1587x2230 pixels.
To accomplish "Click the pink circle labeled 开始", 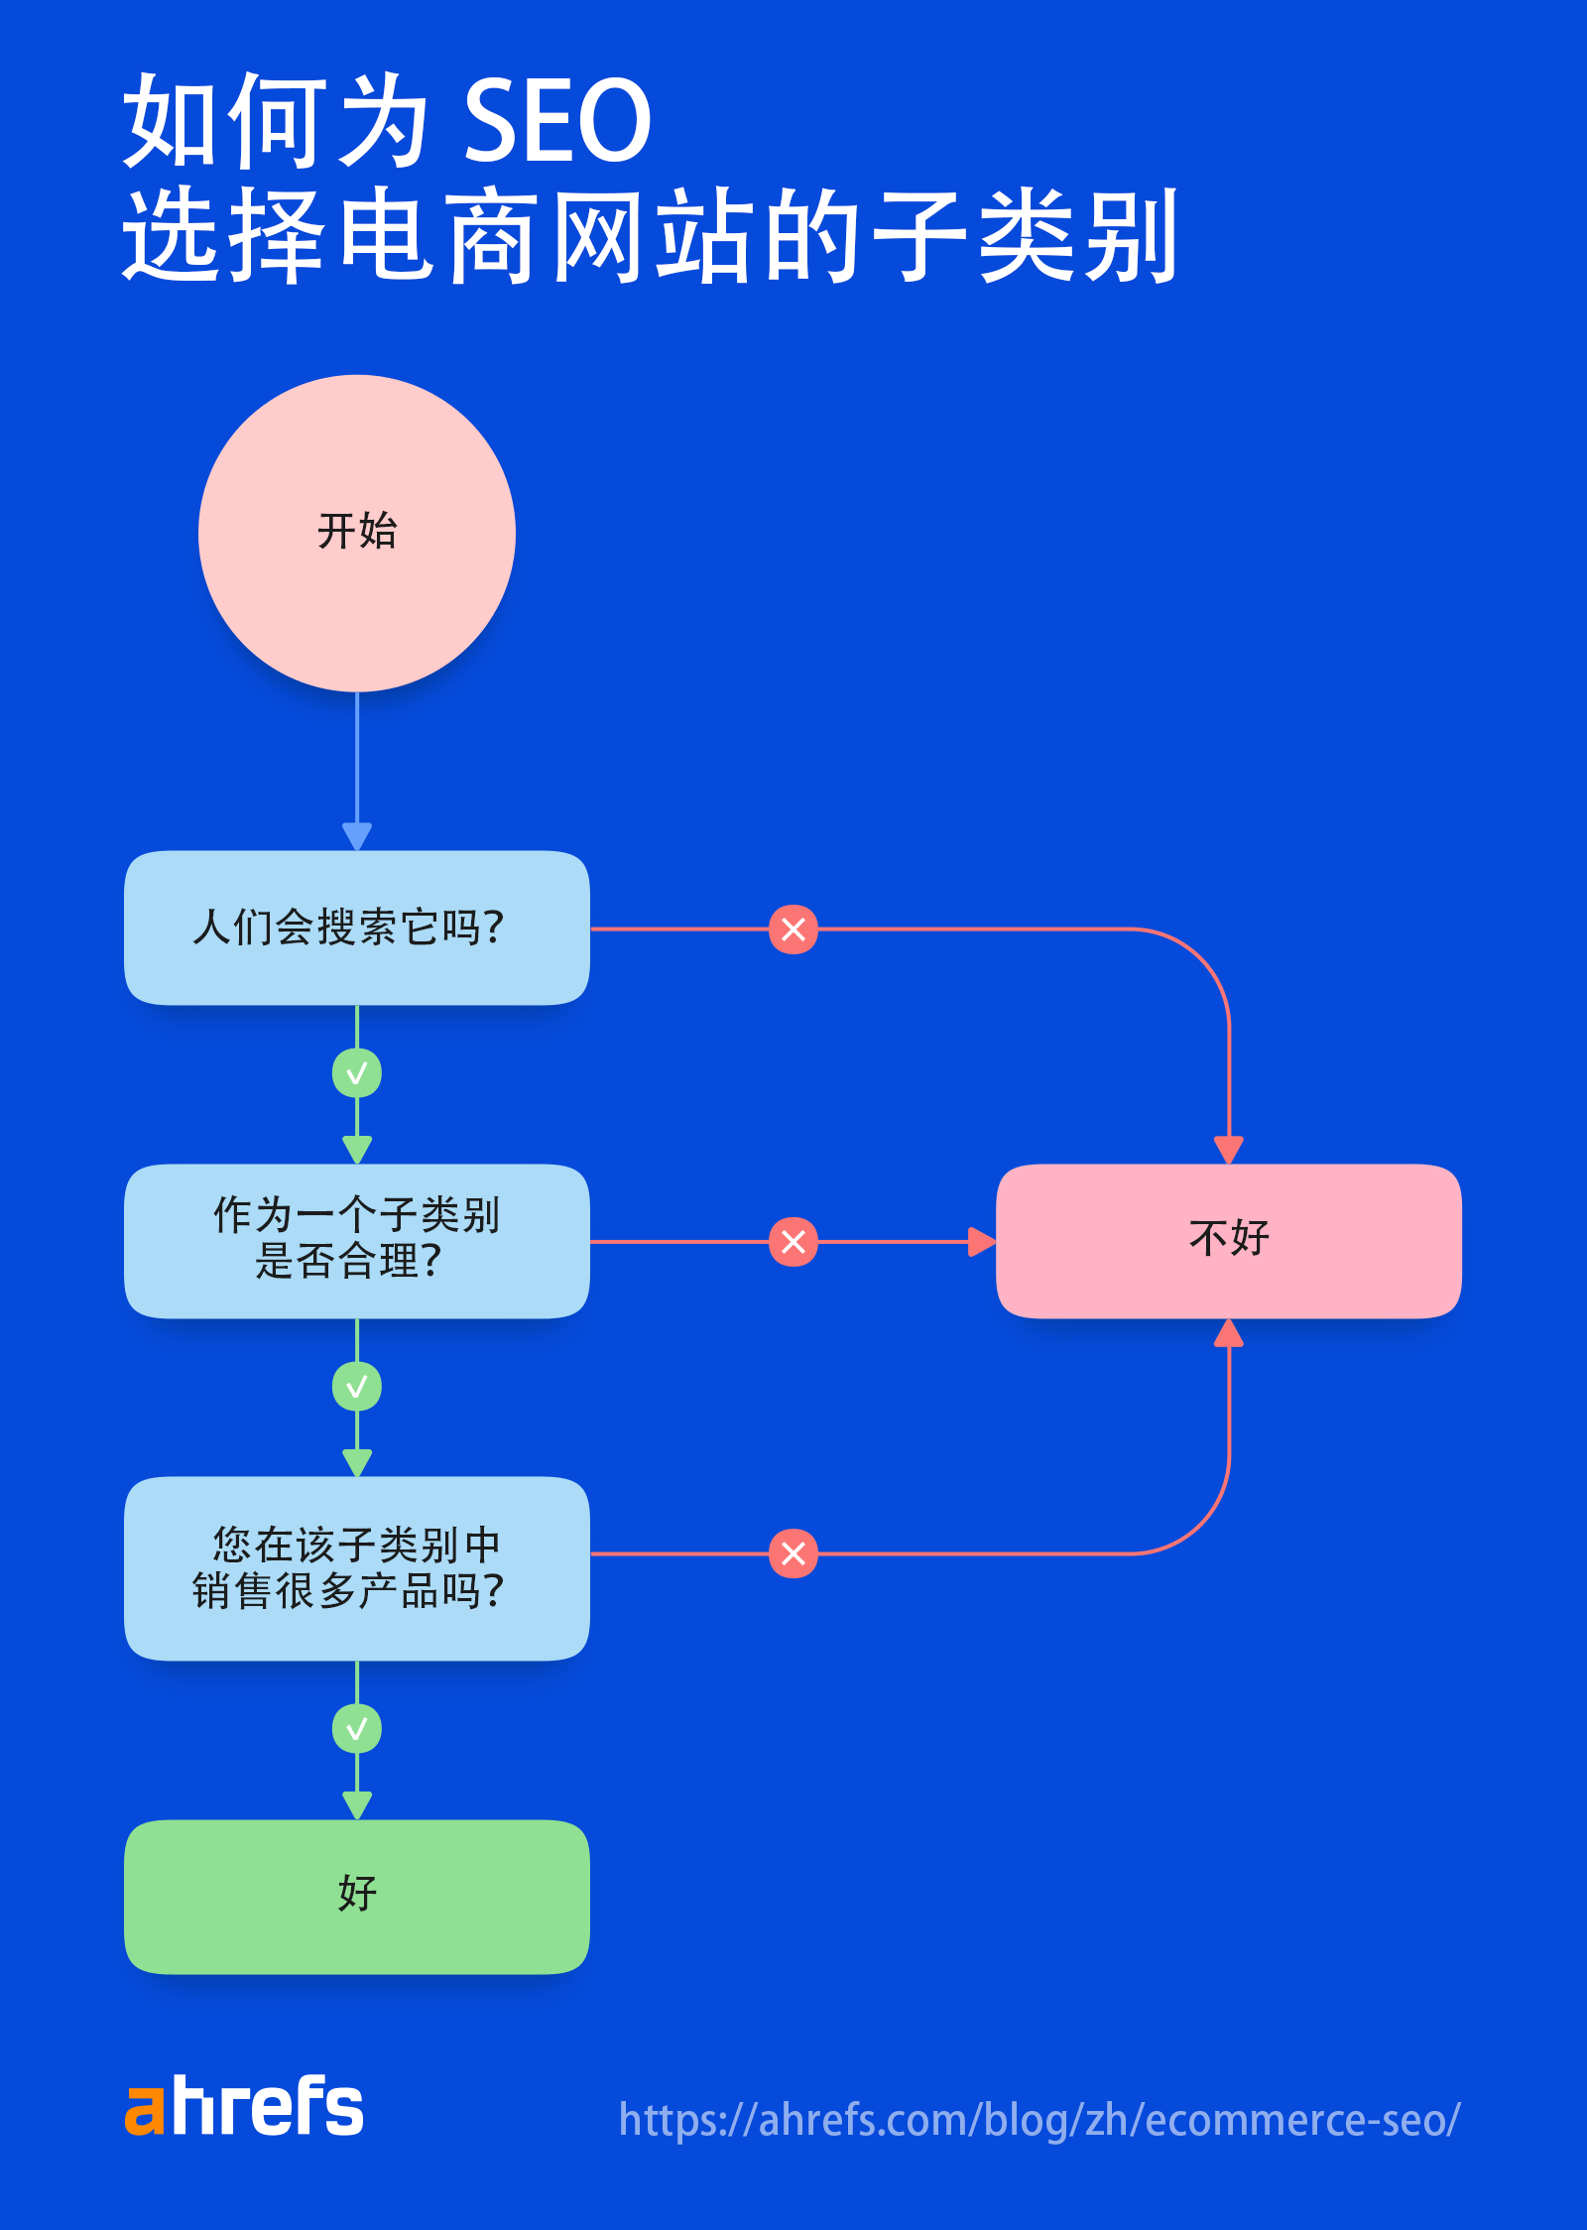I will click(357, 533).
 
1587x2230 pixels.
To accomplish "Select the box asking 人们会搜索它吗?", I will click(357, 928).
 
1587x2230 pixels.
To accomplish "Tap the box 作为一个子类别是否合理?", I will click(357, 1240).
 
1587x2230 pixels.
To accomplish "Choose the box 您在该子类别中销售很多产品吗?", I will click(357, 1567).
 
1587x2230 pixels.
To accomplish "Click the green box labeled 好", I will click(357, 1896).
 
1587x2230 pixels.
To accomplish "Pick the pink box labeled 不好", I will click(1228, 1240).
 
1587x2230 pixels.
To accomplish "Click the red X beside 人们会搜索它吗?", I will click(793, 929).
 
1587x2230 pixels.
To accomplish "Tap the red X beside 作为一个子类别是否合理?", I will click(793, 1241).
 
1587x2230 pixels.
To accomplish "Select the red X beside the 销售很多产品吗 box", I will click(793, 1553).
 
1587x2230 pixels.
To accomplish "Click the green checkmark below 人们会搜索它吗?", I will click(357, 1073).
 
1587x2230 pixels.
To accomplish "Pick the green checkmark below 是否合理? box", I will click(357, 1386).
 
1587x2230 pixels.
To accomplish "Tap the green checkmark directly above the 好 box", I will click(357, 1729).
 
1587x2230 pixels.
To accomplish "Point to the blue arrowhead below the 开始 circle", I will click(357, 836).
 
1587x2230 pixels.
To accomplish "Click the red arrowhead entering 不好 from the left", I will click(981, 1241).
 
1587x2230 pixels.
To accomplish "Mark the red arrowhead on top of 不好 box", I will click(1229, 1151).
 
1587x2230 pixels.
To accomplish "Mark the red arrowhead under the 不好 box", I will click(1229, 1332).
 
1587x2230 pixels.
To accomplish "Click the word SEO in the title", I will click(556, 121).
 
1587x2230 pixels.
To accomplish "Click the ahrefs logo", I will click(244, 2105).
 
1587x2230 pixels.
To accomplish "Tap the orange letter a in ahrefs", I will click(144, 2110).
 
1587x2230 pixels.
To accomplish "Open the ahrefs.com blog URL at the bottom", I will click(1038, 2120).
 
